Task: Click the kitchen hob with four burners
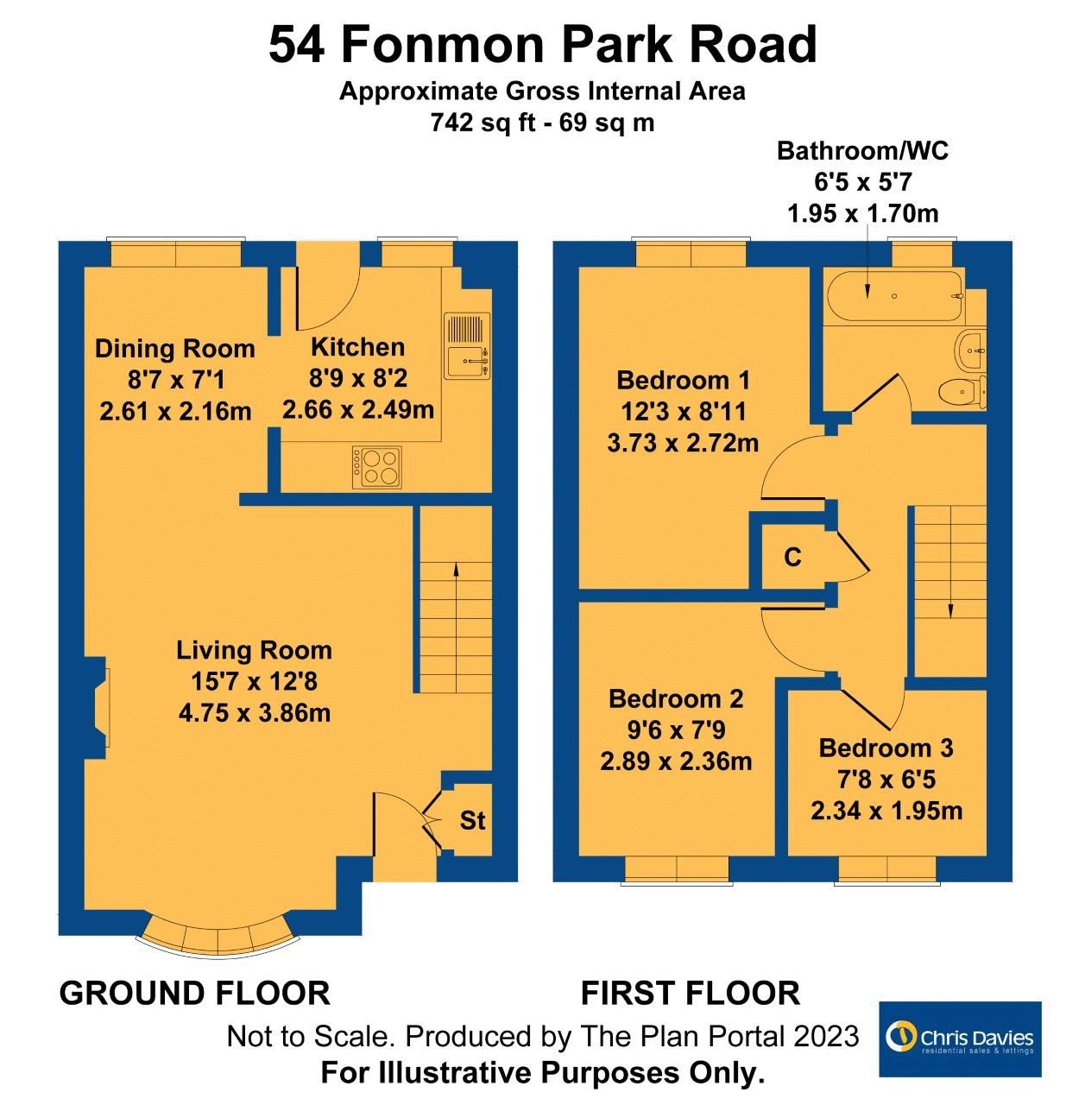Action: tap(377, 467)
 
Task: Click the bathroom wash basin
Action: tap(971, 350)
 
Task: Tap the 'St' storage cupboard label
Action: tap(472, 821)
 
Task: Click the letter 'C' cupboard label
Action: tap(792, 558)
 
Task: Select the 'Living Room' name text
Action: tap(254, 650)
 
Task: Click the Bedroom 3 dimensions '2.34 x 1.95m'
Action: tap(886, 811)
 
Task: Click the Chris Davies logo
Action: tap(960, 1039)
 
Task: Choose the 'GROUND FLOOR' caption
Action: tap(194, 993)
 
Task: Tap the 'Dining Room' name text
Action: tap(174, 349)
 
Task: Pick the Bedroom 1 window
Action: tap(691, 254)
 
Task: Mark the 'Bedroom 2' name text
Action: tap(676, 698)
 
